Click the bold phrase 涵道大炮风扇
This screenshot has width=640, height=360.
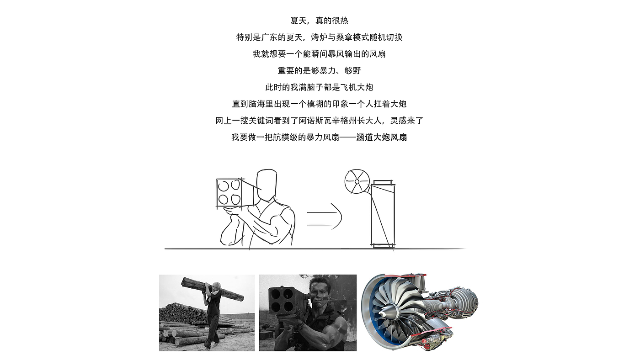pyautogui.click(x=381, y=138)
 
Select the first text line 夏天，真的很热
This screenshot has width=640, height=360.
pyautogui.click(x=320, y=21)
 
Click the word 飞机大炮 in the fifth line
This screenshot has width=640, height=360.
pyautogui.click(x=357, y=87)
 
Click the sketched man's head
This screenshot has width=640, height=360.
pyautogui.click(x=266, y=185)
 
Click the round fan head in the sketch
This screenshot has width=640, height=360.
pyautogui.click(x=357, y=181)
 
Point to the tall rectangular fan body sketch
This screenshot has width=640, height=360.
pyautogui.click(x=383, y=214)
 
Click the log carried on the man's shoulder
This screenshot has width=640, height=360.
pyautogui.click(x=213, y=289)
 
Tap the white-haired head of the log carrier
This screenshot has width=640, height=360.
pyautogui.click(x=216, y=287)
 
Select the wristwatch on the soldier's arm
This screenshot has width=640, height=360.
pyautogui.click(x=300, y=326)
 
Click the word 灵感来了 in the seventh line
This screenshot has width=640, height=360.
pyautogui.click(x=407, y=121)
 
